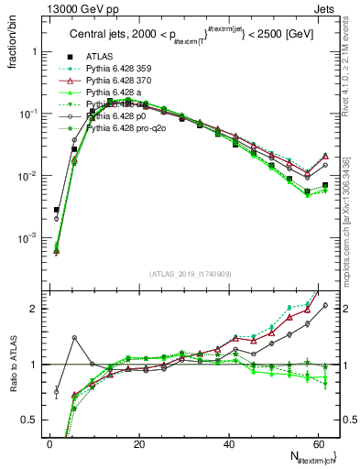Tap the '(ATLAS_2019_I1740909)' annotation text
coord(190,274)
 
